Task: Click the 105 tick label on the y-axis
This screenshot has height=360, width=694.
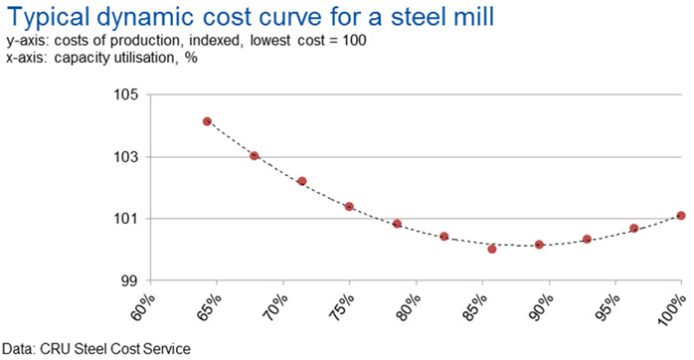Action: pyautogui.click(x=127, y=95)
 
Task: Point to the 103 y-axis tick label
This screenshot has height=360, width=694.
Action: pyautogui.click(x=127, y=157)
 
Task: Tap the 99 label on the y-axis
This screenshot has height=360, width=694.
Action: pyautogui.click(x=132, y=280)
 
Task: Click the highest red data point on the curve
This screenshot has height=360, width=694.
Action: pyautogui.click(x=207, y=121)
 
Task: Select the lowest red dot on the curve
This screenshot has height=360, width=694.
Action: pyautogui.click(x=492, y=249)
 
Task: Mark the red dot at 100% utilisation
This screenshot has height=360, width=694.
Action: pyautogui.click(x=681, y=216)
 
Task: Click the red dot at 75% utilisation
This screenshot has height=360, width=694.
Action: pyautogui.click(x=349, y=206)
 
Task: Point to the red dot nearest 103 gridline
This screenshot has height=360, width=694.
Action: pyautogui.click(x=255, y=156)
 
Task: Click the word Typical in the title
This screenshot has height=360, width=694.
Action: pyautogui.click(x=50, y=17)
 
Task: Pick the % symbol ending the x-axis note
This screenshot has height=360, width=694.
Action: pyautogui.click(x=191, y=58)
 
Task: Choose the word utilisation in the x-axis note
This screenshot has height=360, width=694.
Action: pyautogui.click(x=144, y=58)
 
